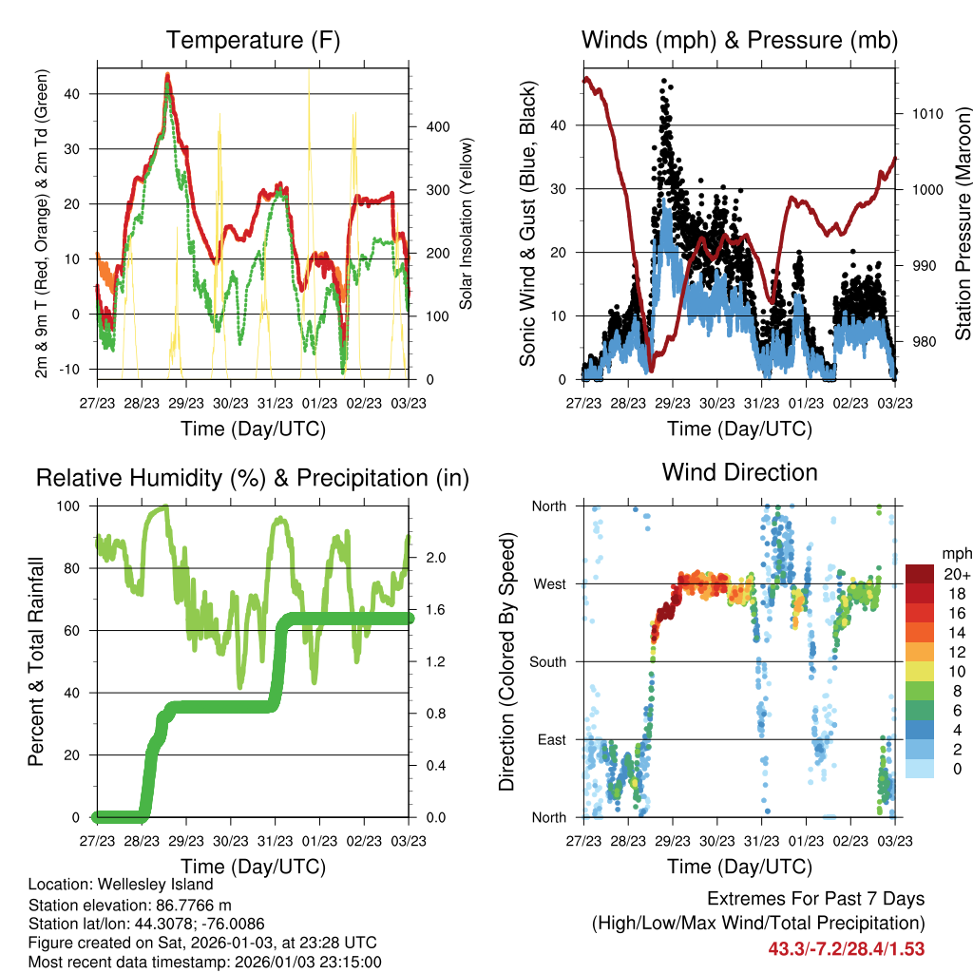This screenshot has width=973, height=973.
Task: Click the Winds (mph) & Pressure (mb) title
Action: coord(739,41)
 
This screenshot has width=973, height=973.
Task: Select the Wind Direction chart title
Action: coord(739,472)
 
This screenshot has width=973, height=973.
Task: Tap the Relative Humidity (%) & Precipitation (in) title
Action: coord(252,478)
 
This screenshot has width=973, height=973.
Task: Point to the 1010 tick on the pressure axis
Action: coord(925,114)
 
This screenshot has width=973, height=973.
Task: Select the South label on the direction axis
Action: coord(548,661)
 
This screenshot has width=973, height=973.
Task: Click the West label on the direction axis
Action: coord(550,583)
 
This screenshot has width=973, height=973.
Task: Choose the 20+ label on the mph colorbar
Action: coord(955,574)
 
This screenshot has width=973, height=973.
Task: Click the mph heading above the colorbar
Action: coord(954,553)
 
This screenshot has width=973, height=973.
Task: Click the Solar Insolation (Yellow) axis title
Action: coord(467,224)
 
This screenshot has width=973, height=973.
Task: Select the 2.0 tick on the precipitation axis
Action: coord(429,558)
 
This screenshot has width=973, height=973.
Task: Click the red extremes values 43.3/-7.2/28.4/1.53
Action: coord(846,948)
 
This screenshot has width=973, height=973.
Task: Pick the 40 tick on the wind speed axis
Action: coord(559,125)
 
